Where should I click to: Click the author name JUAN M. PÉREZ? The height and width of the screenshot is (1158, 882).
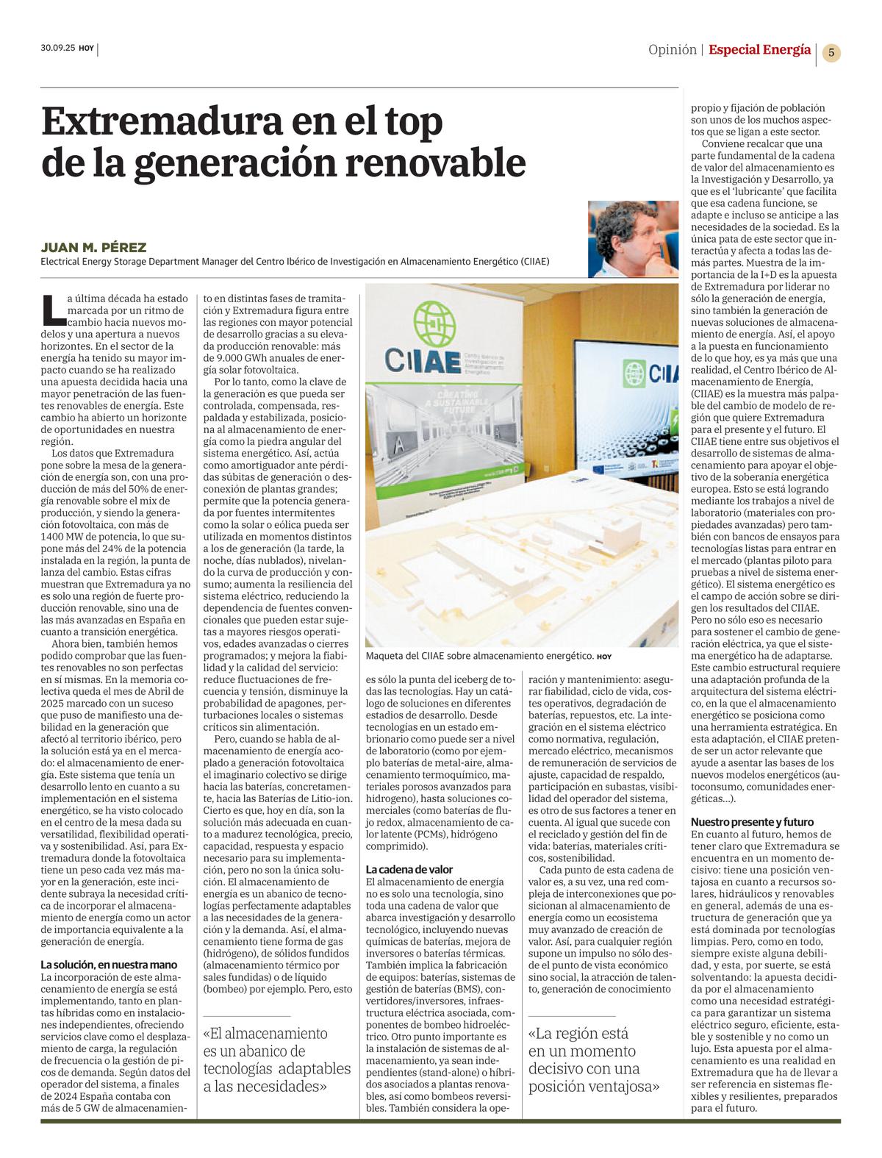click(93, 248)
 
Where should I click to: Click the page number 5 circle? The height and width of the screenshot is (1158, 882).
click(831, 52)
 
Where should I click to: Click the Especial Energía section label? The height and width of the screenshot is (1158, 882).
click(759, 50)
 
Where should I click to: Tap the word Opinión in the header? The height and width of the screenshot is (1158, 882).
click(672, 50)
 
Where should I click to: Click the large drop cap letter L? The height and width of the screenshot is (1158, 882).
click(51, 309)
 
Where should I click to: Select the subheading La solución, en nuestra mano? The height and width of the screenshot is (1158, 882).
click(109, 965)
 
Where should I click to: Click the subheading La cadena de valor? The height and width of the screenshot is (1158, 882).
click(409, 870)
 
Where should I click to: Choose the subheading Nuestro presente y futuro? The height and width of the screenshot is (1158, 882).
click(752, 822)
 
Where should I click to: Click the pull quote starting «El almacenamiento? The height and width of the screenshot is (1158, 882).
click(277, 1059)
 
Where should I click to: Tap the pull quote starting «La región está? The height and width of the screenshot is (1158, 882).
click(594, 1059)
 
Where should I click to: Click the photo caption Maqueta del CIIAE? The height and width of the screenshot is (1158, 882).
click(479, 655)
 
